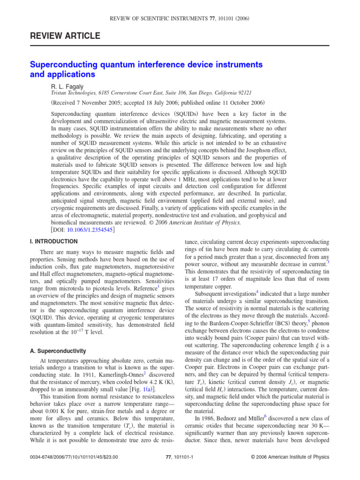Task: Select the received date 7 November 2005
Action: tap(102, 102)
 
